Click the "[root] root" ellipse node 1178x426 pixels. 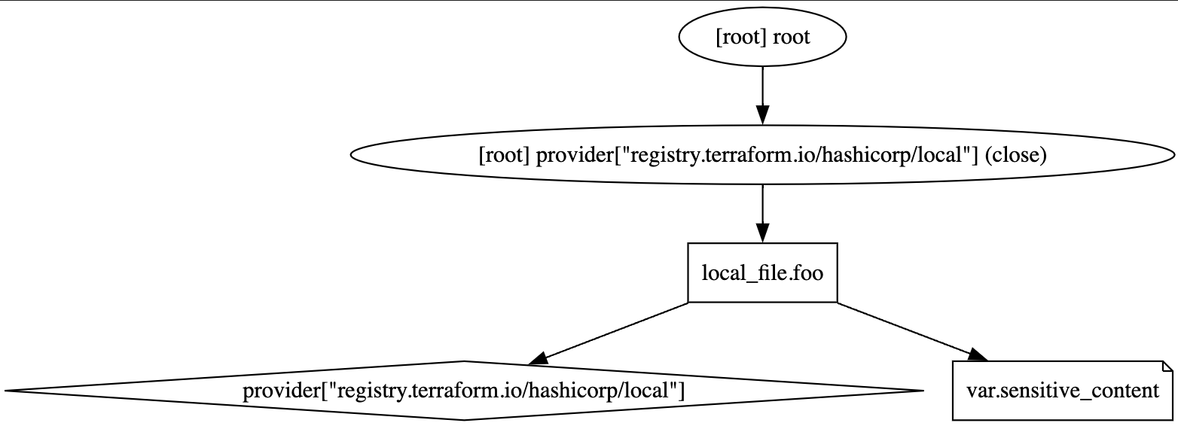[762, 37]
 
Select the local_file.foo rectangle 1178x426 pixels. [762, 272]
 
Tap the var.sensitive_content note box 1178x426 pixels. [1063, 391]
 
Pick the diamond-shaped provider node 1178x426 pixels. [464, 391]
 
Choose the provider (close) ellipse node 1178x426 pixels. [762, 155]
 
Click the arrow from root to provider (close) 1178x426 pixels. [762, 96]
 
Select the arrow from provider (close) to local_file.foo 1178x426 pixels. [762, 214]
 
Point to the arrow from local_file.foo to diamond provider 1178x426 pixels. [608, 333]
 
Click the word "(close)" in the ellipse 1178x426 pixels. [1015, 156]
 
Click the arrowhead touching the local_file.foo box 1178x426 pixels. [762, 233]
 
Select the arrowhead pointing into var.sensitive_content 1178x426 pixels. [978, 355]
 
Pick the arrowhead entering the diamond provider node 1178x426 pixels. [539, 358]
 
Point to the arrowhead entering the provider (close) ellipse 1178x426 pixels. [762, 116]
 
